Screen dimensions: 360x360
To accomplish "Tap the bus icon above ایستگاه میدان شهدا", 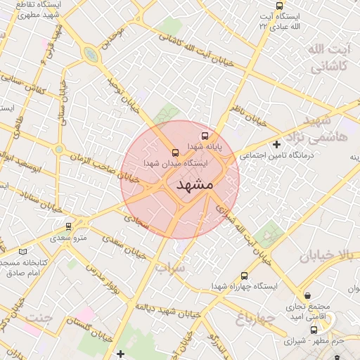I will [x=175, y=151].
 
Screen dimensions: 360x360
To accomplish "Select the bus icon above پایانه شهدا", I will [x=205, y=135].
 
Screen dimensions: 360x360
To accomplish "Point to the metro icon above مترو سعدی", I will [x=68, y=226].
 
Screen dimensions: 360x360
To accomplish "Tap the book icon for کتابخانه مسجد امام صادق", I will [x=23, y=251].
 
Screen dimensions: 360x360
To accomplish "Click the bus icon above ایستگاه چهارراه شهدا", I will [x=244, y=276].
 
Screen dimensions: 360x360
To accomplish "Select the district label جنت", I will [x=39, y=318].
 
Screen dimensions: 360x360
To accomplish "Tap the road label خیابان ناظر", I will [x=253, y=115].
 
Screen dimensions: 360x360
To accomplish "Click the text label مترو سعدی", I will [x=68, y=238].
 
